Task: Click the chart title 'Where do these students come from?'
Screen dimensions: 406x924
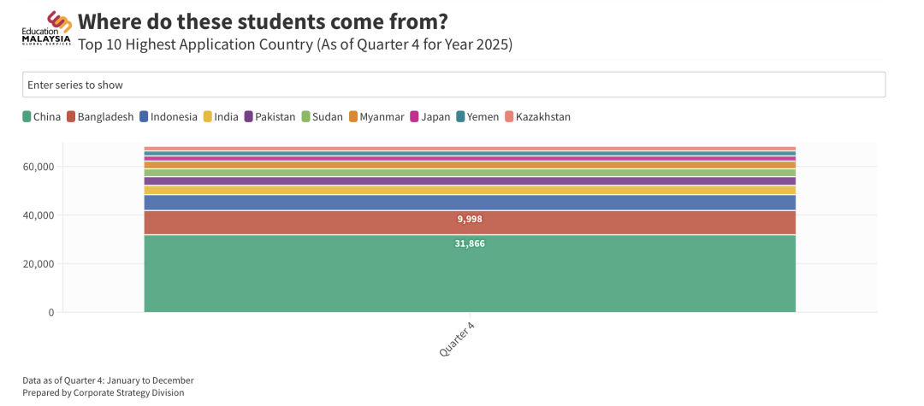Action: pyautogui.click(x=263, y=21)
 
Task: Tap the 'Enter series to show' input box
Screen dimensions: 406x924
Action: pyautogui.click(x=453, y=85)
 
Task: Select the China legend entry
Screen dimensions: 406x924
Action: pyautogui.click(x=41, y=117)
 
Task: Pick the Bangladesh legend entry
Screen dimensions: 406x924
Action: pyautogui.click(x=100, y=117)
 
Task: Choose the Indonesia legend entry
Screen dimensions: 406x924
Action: pyautogui.click(x=169, y=117)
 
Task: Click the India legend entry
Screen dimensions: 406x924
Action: pyautogui.click(x=221, y=117)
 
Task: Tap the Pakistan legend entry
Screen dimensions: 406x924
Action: pyautogui.click(x=269, y=117)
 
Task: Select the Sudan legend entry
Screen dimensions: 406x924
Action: pyautogui.click(x=323, y=117)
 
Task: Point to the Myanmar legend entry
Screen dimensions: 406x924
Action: pyautogui.click(x=376, y=117)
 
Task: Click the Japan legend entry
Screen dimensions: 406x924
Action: pyautogui.click(x=430, y=117)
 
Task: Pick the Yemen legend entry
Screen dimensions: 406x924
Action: pyautogui.click(x=477, y=117)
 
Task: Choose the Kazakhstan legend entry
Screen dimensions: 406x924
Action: pyautogui.click(x=537, y=117)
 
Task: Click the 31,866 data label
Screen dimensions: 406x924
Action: pyautogui.click(x=470, y=244)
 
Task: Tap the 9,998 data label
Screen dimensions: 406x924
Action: pyautogui.click(x=470, y=220)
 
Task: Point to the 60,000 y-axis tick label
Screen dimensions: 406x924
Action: pyautogui.click(x=39, y=167)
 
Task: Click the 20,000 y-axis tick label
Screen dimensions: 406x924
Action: pyautogui.click(x=39, y=264)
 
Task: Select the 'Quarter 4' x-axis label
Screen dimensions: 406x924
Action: pyautogui.click(x=457, y=339)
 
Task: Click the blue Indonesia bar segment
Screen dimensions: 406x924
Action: pyautogui.click(x=470, y=203)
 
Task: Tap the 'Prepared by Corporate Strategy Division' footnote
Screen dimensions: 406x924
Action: pyautogui.click(x=104, y=393)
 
